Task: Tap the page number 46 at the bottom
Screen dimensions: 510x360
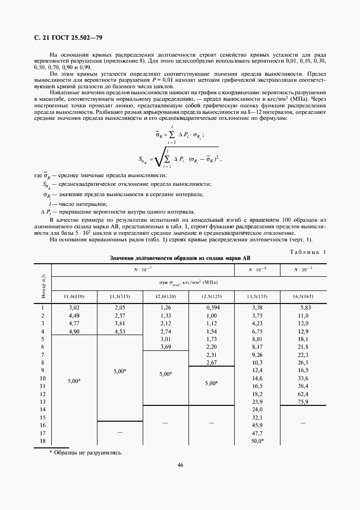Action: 180,464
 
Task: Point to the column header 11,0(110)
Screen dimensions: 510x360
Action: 74,296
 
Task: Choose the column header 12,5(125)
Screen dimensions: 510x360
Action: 211,296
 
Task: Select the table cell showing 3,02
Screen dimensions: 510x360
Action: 74,307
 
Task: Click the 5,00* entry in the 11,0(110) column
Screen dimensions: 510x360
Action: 74,381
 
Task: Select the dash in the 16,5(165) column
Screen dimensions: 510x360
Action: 303,423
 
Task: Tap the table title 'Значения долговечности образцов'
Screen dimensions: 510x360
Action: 180,258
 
